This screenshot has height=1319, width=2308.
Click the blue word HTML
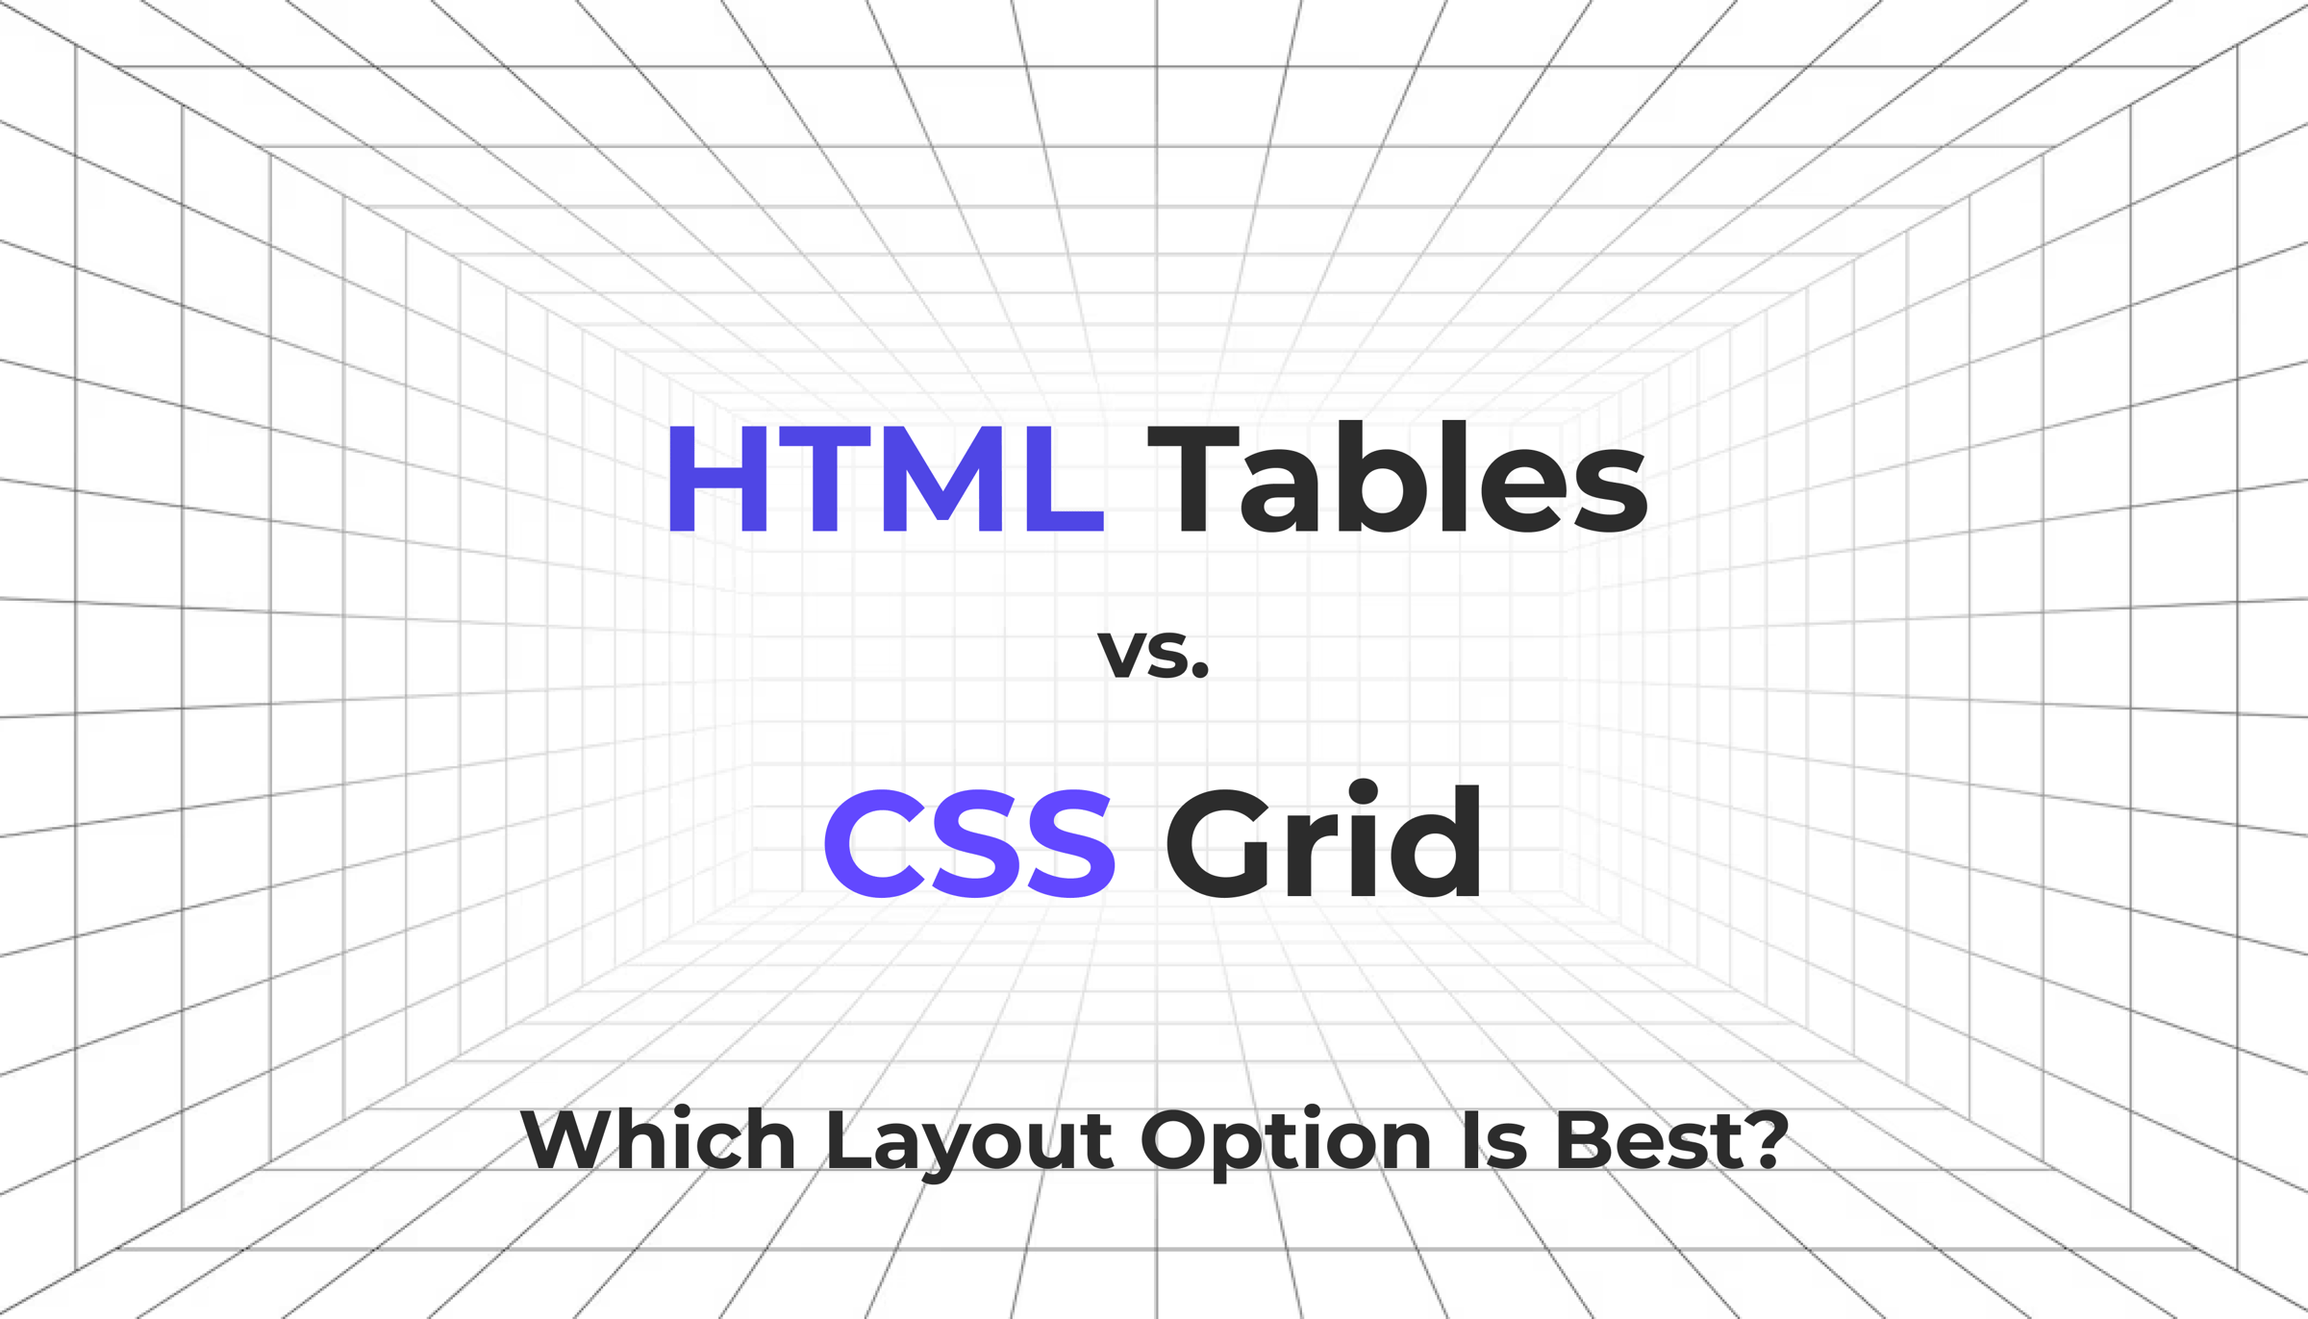[x=885, y=479]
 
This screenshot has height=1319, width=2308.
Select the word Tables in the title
[x=1397, y=479]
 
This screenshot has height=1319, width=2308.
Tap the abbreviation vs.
[x=1153, y=653]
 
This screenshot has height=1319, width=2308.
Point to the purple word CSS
[x=968, y=843]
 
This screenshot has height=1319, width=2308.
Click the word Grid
[x=1323, y=843]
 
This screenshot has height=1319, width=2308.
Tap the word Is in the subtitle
[x=1494, y=1140]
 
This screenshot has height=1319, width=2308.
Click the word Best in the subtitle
[x=1651, y=1140]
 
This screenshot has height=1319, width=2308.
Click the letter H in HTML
[x=717, y=479]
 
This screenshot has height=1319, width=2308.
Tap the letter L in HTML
[x=1064, y=479]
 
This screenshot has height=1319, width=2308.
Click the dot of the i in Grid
[x=1363, y=793]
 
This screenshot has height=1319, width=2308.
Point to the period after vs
[x=1198, y=672]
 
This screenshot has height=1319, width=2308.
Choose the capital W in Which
[x=567, y=1140]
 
